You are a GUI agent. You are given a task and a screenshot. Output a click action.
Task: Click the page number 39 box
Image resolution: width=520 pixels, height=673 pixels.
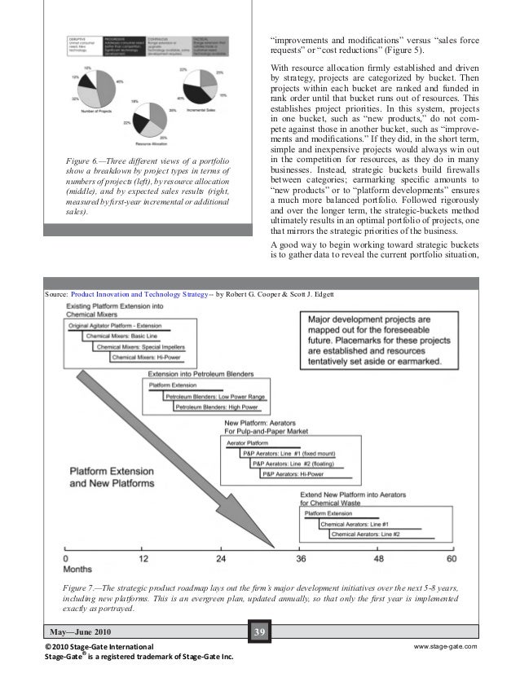(260, 630)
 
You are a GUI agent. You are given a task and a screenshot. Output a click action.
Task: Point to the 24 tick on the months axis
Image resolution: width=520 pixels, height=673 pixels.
(220, 561)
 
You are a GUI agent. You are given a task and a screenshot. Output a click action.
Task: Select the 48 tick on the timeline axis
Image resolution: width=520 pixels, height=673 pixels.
(377, 561)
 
